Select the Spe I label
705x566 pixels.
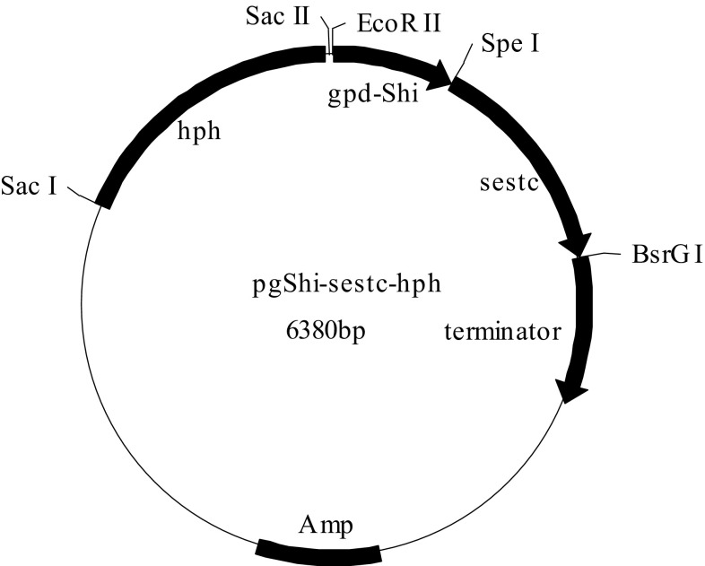(x=510, y=43)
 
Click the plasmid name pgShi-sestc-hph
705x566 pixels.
(x=344, y=285)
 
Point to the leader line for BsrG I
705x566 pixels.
(x=605, y=256)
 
